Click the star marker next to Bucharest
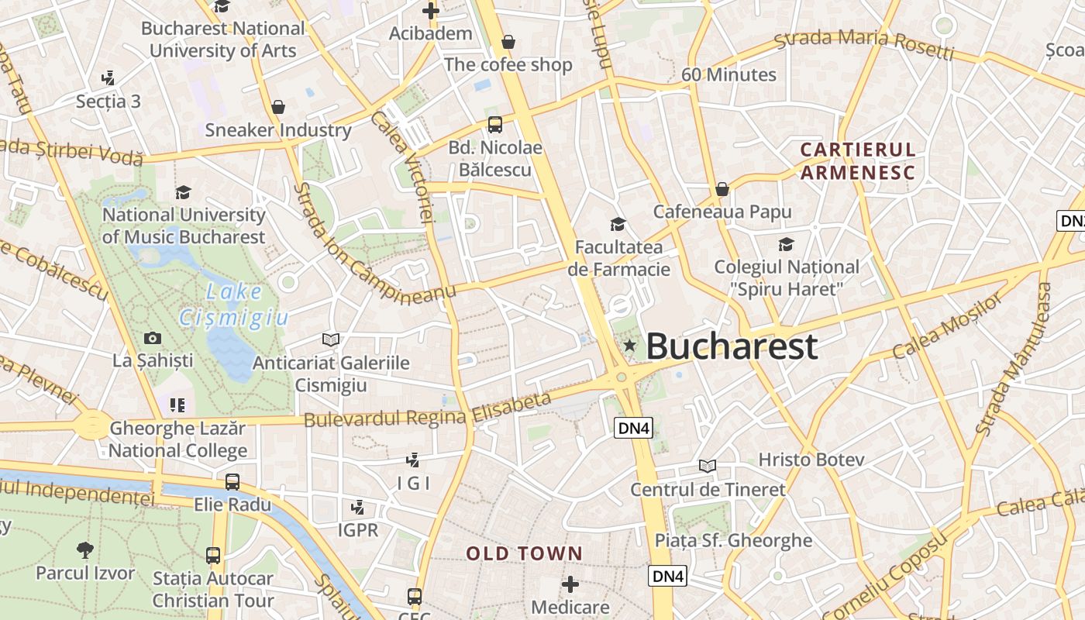pyautogui.click(x=629, y=345)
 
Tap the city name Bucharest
pyautogui.click(x=731, y=346)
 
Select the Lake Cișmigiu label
pyautogui.click(x=233, y=304)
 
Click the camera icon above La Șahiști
pyautogui.click(x=153, y=338)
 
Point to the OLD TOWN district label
pyautogui.click(x=524, y=553)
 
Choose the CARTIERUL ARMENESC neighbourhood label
pyautogui.click(x=858, y=160)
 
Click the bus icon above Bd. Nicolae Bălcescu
pyautogui.click(x=494, y=124)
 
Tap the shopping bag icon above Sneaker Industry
pyautogui.click(x=278, y=107)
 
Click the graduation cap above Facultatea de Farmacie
pyautogui.click(x=618, y=224)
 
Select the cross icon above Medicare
pyautogui.click(x=570, y=584)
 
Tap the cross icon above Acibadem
pyautogui.click(x=431, y=11)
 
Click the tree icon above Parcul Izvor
pyautogui.click(x=85, y=550)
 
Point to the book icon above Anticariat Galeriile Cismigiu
pyautogui.click(x=331, y=339)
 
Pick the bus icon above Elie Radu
pyautogui.click(x=232, y=482)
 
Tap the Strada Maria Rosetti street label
pyautogui.click(x=864, y=46)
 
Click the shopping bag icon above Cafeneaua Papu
pyautogui.click(x=722, y=189)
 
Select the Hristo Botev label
pyautogui.click(x=811, y=460)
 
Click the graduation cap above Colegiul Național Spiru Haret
pyautogui.click(x=786, y=245)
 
